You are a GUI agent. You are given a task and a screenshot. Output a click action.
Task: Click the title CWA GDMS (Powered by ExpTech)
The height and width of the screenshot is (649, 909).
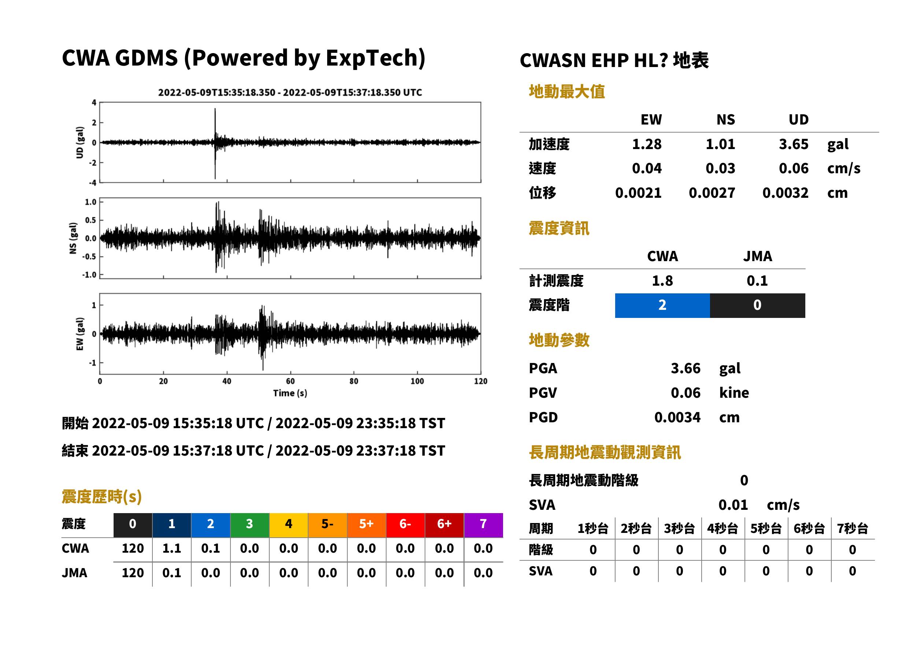coord(243,58)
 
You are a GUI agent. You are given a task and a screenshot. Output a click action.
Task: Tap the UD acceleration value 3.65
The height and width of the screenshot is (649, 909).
coord(794,144)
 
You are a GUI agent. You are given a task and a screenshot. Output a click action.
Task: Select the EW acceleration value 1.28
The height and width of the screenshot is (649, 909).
coord(647,144)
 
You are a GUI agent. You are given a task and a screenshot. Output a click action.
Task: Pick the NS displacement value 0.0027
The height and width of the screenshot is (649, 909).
coord(712,193)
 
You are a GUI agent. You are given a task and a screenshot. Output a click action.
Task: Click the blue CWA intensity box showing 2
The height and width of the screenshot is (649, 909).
coord(662,305)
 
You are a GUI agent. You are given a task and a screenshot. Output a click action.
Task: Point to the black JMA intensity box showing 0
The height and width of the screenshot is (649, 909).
coord(758,305)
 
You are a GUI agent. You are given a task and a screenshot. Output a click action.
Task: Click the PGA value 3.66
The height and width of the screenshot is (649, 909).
coord(686,368)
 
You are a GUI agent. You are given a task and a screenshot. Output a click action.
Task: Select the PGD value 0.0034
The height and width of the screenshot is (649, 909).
coord(677,418)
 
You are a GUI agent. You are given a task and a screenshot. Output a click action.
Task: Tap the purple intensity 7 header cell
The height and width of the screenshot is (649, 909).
coord(483,524)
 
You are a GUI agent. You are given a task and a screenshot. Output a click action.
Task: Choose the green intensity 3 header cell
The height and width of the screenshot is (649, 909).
coord(250,524)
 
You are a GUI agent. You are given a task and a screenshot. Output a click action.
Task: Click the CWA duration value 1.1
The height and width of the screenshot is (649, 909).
coord(171,548)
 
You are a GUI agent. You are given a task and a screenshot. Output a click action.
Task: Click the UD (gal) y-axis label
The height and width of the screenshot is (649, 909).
coord(80,143)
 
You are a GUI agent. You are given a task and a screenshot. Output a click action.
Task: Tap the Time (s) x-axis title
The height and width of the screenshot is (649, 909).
coord(290,393)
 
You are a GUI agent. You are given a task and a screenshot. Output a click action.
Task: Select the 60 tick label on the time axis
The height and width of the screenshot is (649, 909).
coord(290,381)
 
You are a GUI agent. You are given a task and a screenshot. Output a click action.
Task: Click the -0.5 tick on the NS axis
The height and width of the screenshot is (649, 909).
coord(89,257)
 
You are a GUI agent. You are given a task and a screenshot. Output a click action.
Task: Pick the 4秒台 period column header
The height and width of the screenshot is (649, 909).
coord(722,529)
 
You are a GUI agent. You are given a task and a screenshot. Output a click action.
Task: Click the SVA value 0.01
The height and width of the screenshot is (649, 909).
coord(733,505)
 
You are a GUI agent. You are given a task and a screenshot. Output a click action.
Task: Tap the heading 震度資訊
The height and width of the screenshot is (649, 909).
coord(559,229)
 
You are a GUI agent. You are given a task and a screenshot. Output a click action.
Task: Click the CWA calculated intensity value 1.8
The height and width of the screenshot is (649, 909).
coord(662,281)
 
